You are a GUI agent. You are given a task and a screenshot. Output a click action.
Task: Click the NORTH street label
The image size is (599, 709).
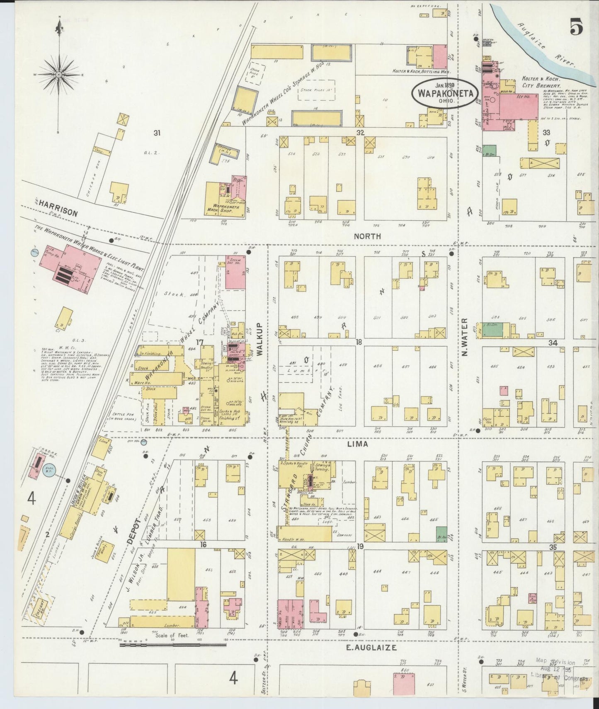(x=367, y=236)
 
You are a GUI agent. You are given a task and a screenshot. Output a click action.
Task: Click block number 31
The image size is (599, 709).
(x=156, y=133)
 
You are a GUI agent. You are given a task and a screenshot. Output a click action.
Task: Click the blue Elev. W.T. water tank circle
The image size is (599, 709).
(x=46, y=471)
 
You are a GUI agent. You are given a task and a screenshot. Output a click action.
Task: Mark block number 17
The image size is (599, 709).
(x=200, y=342)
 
